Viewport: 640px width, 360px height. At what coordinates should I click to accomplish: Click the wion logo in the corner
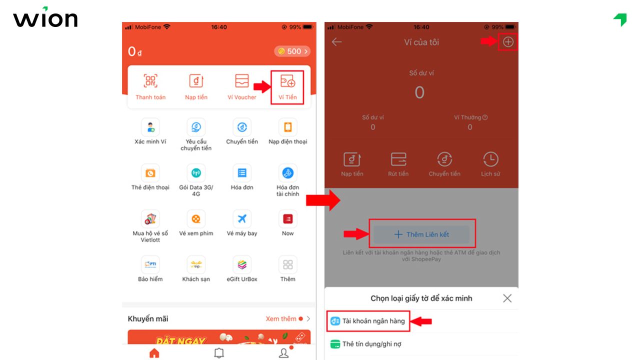45,18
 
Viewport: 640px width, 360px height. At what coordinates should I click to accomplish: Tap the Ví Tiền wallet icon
287,81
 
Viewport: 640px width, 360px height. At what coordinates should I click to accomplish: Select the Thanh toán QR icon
150,81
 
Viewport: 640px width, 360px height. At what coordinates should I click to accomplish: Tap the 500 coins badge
292,51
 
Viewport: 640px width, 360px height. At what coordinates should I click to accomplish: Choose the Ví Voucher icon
242,81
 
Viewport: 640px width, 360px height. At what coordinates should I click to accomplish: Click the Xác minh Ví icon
150,127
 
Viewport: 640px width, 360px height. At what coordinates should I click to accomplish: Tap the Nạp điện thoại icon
287,127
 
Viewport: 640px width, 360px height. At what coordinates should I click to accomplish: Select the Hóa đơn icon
242,173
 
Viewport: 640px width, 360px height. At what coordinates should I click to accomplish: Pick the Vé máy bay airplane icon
242,219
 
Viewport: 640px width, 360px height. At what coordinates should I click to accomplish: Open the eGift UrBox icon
242,264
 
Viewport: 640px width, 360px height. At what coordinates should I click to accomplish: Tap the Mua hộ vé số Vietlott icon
150,219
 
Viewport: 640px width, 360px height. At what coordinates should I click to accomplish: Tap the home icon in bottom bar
154,353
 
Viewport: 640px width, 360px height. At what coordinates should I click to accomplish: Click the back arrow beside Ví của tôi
337,42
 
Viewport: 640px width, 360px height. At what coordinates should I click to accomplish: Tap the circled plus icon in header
508,42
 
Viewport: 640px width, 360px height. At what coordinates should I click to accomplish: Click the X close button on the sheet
507,298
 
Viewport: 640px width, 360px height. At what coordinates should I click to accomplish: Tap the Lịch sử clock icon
490,160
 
